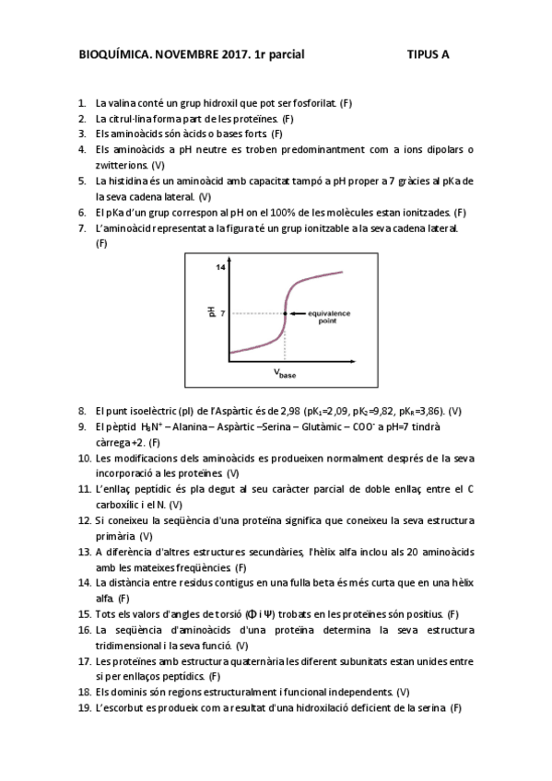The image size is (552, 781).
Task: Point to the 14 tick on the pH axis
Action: click(x=221, y=267)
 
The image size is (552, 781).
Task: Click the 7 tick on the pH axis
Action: click(x=223, y=314)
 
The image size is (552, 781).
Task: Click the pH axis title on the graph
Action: click(x=210, y=313)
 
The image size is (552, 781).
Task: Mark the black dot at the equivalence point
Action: click(x=285, y=314)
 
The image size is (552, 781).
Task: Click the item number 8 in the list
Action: click(x=82, y=411)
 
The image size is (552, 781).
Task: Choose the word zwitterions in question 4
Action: click(x=122, y=165)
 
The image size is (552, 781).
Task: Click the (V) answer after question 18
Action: click(x=403, y=692)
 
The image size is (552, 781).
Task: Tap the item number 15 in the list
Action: click(x=83, y=613)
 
